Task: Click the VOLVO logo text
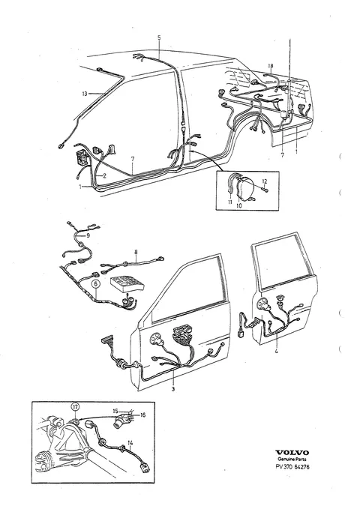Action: [292, 453]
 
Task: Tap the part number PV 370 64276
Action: [292, 467]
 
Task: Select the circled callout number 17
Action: [76, 406]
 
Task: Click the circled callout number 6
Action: [96, 283]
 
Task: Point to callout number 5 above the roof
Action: [159, 37]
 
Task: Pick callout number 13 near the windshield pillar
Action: [85, 94]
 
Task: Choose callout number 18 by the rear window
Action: [271, 66]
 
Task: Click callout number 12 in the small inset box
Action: [265, 181]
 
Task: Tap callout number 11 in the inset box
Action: [230, 202]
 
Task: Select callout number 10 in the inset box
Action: [239, 205]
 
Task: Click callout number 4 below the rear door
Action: [277, 351]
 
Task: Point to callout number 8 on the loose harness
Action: [136, 251]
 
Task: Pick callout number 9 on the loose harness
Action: [88, 235]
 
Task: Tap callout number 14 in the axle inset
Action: [130, 442]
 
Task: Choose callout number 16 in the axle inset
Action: [143, 415]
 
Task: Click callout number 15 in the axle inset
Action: [115, 411]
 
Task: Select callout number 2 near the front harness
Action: [104, 176]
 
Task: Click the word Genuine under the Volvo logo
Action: [285, 460]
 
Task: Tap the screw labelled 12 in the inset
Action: [265, 189]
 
